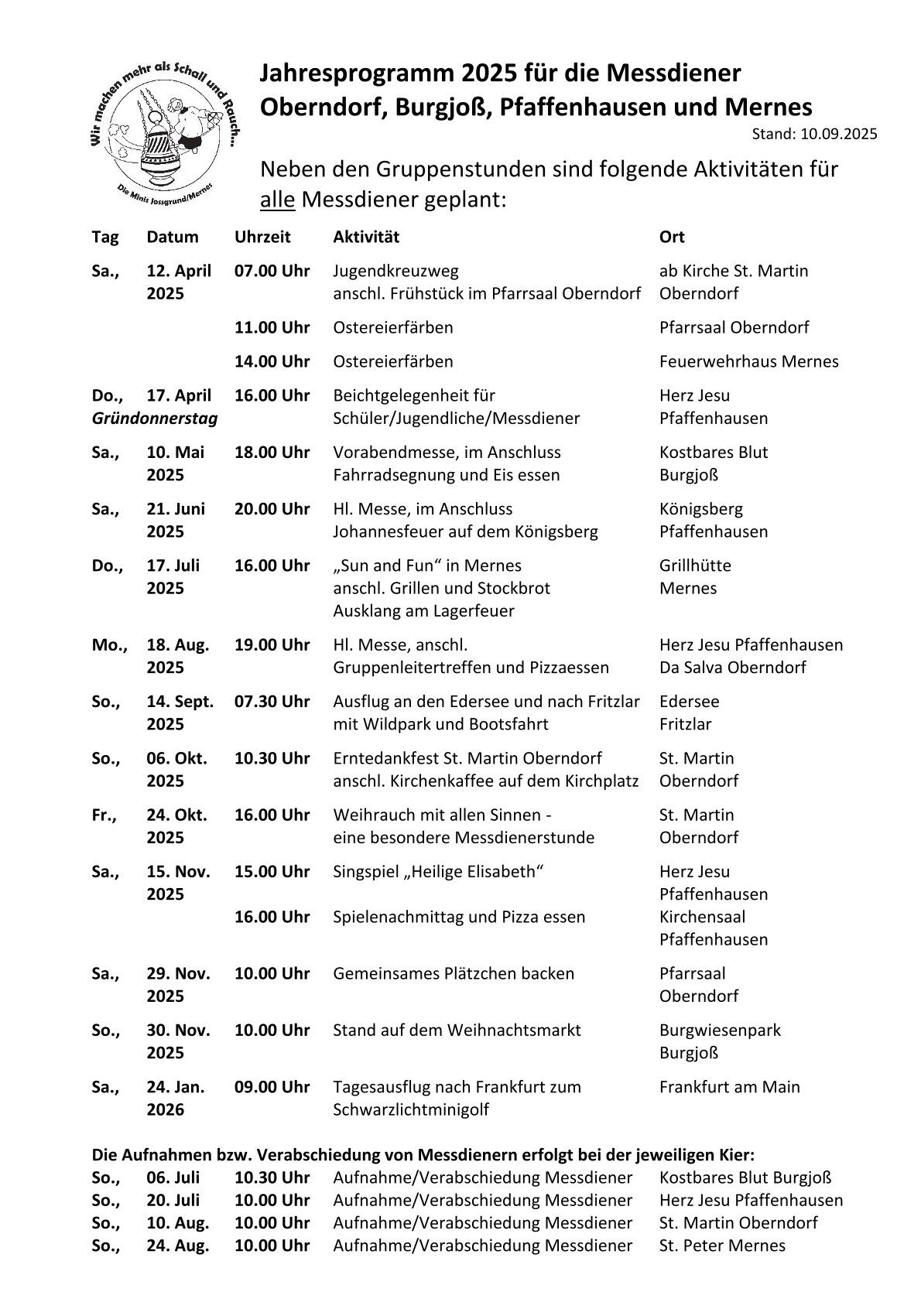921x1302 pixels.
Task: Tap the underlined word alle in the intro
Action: [277, 200]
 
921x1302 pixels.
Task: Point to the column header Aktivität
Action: [366, 237]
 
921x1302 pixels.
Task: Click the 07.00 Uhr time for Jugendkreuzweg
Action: [272, 271]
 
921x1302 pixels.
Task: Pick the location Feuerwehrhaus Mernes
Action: [748, 361]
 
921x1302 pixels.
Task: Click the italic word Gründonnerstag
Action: [155, 419]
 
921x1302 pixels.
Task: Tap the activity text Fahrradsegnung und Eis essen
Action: [446, 475]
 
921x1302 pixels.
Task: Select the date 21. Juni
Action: [176, 509]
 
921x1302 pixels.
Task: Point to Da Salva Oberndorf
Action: [732, 668]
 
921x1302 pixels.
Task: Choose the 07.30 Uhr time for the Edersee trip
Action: [272, 702]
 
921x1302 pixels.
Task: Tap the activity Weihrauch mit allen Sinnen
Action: [441, 815]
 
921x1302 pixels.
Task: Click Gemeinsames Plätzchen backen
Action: [454, 973]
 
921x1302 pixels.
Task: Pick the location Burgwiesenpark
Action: [720, 1030]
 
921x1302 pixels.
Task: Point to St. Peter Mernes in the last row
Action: [722, 1246]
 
